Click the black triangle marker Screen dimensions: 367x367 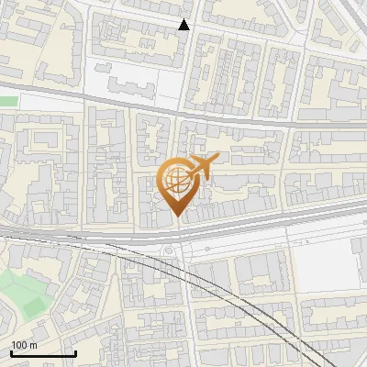(184, 25)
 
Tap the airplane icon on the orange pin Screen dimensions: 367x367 (200, 167)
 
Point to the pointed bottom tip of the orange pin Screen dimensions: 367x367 (176, 216)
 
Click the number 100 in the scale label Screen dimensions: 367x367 (19, 345)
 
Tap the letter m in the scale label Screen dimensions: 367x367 (33, 345)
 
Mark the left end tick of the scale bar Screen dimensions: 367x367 (11, 352)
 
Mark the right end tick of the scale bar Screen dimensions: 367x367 (76, 352)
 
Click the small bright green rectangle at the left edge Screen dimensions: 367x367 (8, 101)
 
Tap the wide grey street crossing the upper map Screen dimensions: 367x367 (229, 118)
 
